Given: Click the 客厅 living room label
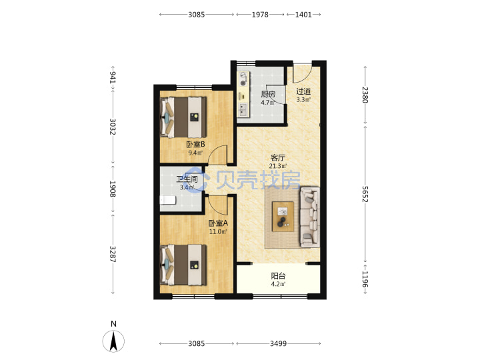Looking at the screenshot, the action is (278, 158).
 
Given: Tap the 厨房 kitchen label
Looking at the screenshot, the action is (268, 94).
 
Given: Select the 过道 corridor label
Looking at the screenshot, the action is (303, 91).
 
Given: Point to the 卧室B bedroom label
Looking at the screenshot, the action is (195, 144).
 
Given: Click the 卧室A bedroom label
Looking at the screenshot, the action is (218, 223).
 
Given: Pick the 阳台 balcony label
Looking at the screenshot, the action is (278, 276).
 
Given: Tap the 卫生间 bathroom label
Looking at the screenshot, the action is (187, 179).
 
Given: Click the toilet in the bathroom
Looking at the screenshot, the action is (168, 200).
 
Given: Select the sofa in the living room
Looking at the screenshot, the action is (310, 217).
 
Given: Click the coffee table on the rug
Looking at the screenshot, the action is (283, 217).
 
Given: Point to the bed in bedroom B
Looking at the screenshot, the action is (183, 117).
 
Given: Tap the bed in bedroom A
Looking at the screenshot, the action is (183, 265).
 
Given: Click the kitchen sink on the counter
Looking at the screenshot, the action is (243, 110).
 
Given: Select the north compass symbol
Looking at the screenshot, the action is (113, 341).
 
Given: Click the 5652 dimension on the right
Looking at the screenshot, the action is (365, 194).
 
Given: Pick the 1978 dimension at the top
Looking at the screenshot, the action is (260, 15).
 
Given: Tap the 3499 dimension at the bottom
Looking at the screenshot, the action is (278, 344).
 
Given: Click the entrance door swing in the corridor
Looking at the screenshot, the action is (302, 73).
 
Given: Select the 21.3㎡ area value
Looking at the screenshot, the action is (278, 166).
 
